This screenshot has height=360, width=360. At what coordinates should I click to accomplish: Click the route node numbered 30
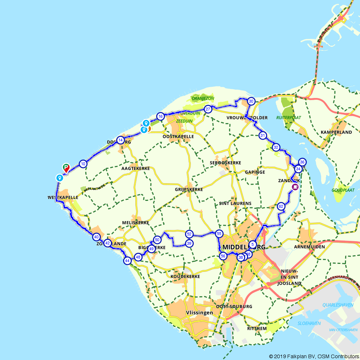251,101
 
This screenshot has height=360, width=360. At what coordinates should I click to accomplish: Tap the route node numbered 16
161,116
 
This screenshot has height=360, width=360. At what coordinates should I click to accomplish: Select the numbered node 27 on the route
208,109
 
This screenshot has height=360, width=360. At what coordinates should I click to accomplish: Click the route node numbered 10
83,164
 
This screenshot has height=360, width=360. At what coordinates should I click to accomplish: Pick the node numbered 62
281,206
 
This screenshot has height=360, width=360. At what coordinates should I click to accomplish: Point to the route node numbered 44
127,260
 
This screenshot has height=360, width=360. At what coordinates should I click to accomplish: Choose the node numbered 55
219,234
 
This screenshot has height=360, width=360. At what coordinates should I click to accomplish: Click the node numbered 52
189,234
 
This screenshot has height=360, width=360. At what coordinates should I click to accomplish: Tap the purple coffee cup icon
295,187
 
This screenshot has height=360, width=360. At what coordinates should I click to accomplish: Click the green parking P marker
66,167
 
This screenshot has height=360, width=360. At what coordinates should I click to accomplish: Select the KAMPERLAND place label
336,132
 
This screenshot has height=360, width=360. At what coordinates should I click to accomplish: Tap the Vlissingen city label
199,313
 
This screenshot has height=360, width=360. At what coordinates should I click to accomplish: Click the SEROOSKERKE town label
225,163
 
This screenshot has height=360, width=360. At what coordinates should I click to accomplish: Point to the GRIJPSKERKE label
189,189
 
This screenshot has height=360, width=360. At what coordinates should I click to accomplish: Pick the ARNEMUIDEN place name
309,247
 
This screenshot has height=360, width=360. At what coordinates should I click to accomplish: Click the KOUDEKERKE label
185,276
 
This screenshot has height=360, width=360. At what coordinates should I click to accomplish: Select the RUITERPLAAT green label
288,117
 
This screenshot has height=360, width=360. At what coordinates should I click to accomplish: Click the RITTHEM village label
257,328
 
